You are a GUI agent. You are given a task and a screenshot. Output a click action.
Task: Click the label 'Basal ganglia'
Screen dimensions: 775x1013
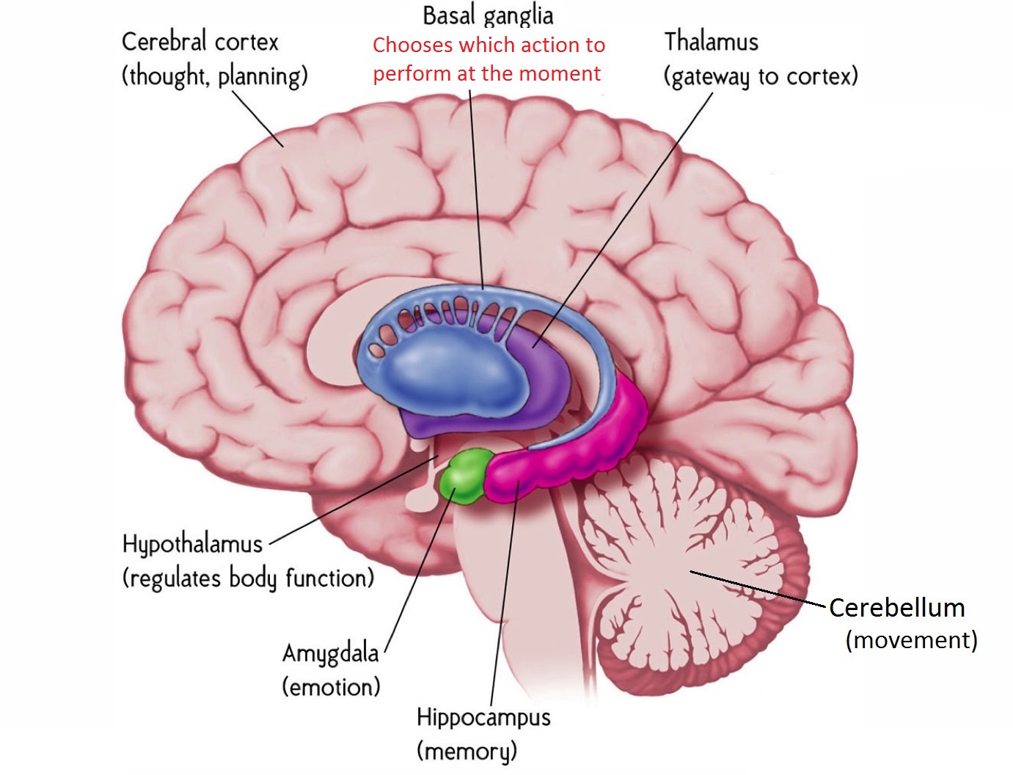tap(488, 15)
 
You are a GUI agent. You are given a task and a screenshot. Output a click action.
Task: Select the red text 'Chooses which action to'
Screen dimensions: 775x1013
tap(489, 45)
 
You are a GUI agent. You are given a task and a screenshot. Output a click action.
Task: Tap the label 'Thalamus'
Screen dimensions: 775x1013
tap(711, 42)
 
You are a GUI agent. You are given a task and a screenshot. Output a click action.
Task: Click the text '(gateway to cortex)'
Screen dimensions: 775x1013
tap(761, 76)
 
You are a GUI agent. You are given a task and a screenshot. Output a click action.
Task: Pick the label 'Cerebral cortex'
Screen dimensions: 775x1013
tap(200, 42)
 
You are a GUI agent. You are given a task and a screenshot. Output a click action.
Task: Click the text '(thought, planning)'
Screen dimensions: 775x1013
tap(214, 76)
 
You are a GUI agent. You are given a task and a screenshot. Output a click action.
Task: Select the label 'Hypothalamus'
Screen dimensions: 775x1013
tap(192, 544)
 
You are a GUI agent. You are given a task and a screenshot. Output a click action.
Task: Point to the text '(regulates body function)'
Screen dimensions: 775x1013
tap(248, 578)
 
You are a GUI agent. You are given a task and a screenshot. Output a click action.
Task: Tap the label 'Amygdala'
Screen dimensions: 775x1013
tap(331, 653)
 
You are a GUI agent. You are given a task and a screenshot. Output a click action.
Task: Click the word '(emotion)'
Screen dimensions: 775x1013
tap(332, 687)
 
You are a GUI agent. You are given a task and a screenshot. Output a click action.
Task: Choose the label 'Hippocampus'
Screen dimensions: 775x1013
tap(483, 716)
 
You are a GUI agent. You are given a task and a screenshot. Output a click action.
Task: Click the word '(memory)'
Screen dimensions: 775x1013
tap(467, 751)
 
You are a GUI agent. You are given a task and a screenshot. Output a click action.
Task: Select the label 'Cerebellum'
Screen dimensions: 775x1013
tap(896, 608)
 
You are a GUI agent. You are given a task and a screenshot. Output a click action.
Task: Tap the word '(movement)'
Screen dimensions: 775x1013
tap(911, 640)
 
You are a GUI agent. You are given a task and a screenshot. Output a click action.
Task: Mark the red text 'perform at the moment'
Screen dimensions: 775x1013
tap(486, 74)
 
